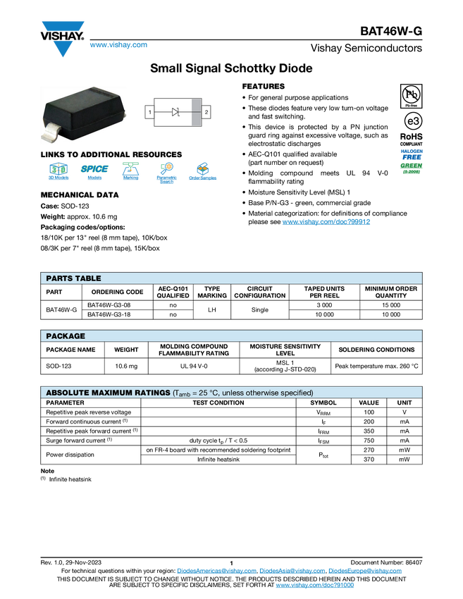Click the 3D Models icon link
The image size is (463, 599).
(58, 173)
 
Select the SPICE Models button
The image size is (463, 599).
(94, 173)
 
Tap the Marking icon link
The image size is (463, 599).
(130, 173)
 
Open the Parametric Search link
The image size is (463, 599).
(167, 173)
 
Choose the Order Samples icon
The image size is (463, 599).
(203, 173)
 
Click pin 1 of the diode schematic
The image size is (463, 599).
(149, 112)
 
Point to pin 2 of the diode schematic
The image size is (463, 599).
(206, 112)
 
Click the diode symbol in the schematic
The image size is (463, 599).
(176, 112)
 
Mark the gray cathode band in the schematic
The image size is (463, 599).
(196, 112)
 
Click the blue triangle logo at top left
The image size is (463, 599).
(63, 49)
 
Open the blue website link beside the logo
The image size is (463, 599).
(118, 45)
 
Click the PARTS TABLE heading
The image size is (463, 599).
(73, 278)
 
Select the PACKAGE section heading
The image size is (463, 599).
(66, 336)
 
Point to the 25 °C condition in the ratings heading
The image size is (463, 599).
(207, 393)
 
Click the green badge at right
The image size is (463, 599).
(412, 168)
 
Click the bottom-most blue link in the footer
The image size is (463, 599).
(314, 586)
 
